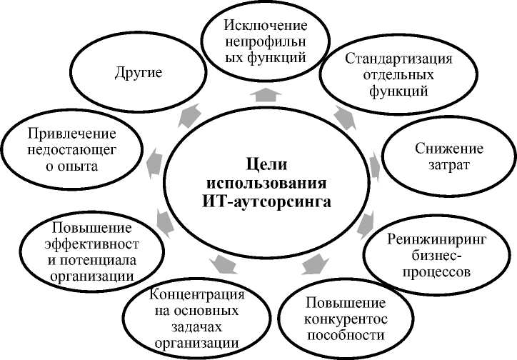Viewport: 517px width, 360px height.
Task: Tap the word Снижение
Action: coord(449,149)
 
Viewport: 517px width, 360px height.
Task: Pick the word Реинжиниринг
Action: coord(438,239)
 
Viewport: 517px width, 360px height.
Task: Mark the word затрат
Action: coord(449,167)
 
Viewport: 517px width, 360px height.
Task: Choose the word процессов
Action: coord(438,272)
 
